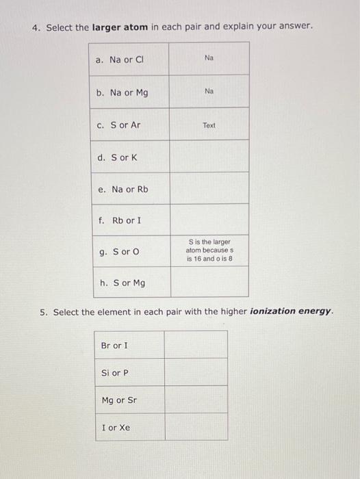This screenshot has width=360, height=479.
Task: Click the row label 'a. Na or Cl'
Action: pyautogui.click(x=120, y=60)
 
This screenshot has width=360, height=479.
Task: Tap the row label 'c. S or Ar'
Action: pyautogui.click(x=119, y=125)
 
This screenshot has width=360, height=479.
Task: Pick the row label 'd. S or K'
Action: pyautogui.click(x=118, y=157)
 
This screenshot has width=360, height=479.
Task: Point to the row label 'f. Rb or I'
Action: pyautogui.click(x=120, y=220)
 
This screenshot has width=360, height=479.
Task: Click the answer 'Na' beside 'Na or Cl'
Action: pyautogui.click(x=209, y=58)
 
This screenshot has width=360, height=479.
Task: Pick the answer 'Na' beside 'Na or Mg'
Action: pyautogui.click(x=209, y=90)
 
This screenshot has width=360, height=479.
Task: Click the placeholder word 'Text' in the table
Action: pyautogui.click(x=209, y=125)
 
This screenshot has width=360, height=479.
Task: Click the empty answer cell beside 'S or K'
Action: pyautogui.click(x=209, y=156)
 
